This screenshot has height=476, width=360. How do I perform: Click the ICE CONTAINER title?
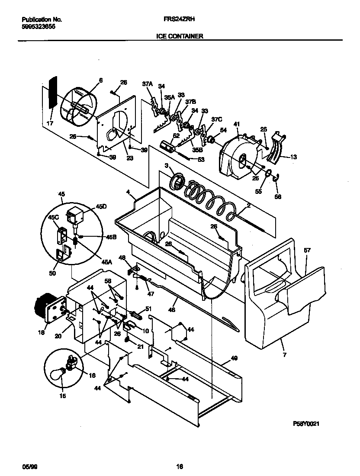point(180,37)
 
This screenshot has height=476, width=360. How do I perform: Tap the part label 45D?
point(101,207)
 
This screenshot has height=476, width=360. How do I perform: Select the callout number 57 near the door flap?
point(307,251)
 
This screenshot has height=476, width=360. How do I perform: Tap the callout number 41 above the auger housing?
point(236,124)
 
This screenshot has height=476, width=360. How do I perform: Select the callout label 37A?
point(147,84)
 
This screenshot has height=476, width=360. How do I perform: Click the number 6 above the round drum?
point(100,80)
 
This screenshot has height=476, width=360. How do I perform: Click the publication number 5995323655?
point(39,26)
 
